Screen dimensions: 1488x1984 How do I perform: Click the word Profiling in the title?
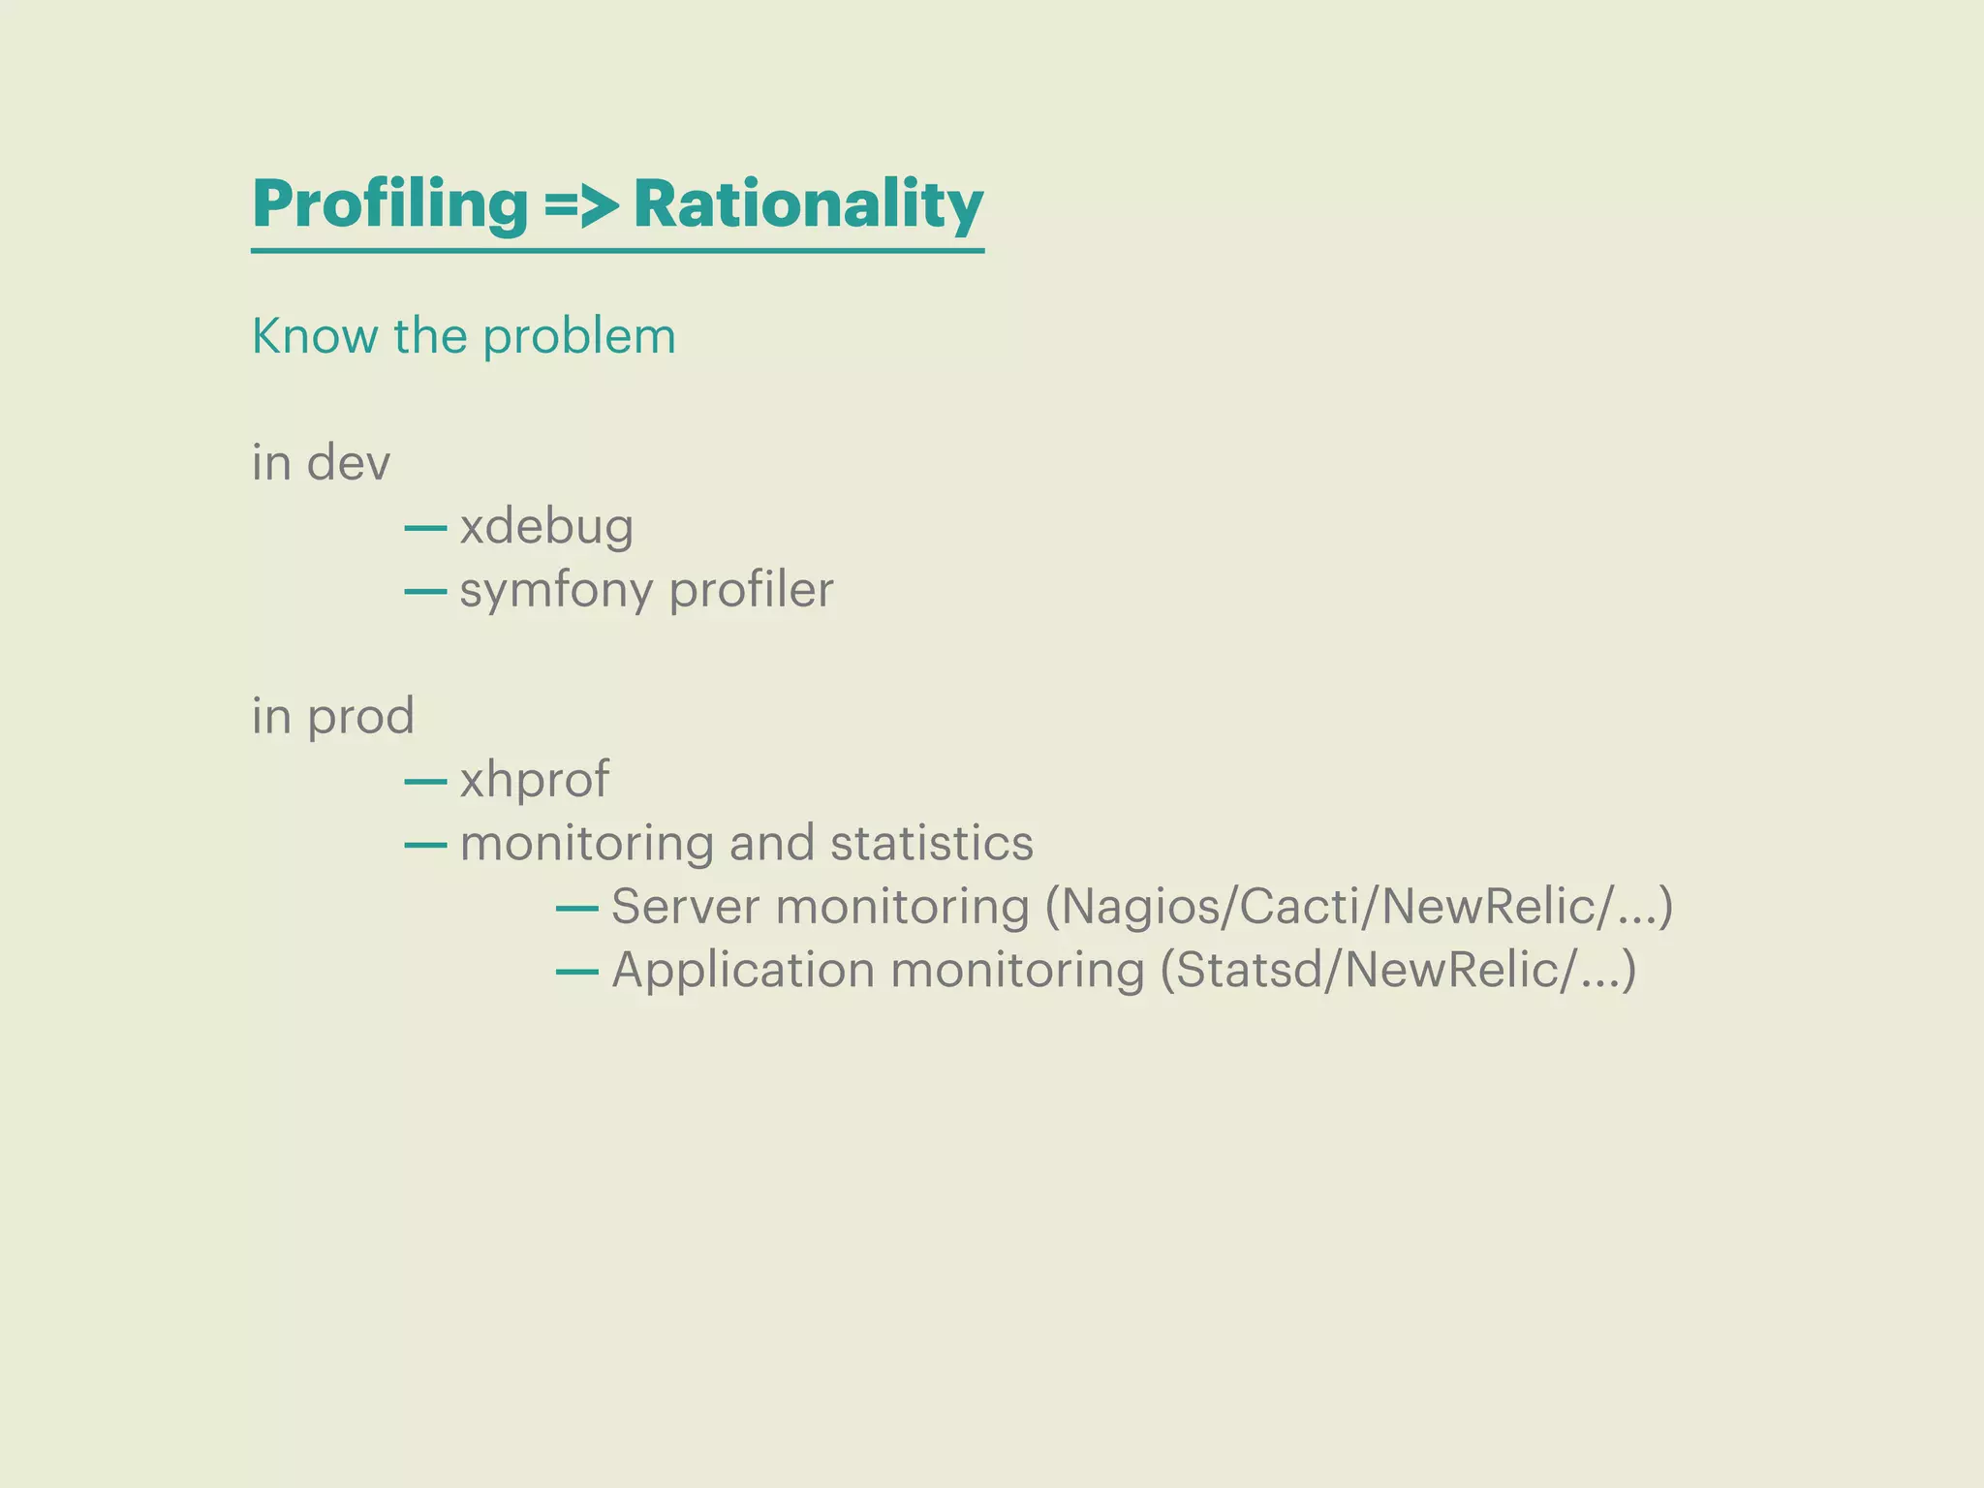389,205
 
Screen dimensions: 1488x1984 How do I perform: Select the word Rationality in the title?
808,205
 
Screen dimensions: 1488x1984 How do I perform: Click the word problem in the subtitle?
578,338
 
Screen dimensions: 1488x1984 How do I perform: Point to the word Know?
315,336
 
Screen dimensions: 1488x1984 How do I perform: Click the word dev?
349,462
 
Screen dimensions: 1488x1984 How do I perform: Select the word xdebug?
546,528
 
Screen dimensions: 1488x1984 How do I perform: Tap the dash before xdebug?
425,528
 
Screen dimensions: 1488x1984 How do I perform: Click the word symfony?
556,591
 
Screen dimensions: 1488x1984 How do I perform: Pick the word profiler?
751,591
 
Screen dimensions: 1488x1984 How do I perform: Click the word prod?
360,717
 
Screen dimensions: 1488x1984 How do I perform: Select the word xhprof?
534,781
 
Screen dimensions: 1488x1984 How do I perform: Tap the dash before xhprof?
425,781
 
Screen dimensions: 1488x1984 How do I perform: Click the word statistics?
931,843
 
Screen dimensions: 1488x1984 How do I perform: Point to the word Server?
685,907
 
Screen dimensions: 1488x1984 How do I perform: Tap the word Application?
743,971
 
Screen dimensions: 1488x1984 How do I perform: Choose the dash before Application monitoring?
576,972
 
